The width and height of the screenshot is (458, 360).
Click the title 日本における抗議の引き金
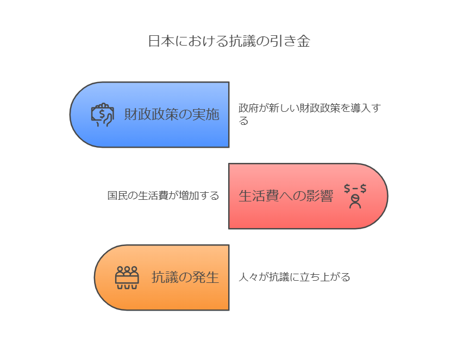pos(229,41)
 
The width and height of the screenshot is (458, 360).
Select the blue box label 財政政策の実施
pos(172,114)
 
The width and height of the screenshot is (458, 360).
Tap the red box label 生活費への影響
pos(286,195)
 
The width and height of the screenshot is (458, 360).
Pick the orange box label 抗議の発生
pos(185,277)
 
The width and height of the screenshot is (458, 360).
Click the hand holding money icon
pos(102,115)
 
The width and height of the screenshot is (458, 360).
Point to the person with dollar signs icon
pos(355,196)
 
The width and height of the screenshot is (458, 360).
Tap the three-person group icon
pos(127,277)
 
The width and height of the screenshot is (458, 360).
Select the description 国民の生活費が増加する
pos(164,195)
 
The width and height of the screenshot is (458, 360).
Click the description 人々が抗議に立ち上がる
pos(294,277)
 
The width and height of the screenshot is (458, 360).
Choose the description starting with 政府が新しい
pos(310,114)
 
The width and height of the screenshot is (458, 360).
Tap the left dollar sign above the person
pos(347,188)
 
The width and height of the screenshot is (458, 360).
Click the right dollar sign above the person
pos(363,188)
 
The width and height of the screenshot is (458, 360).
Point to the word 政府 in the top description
pos(249,108)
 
